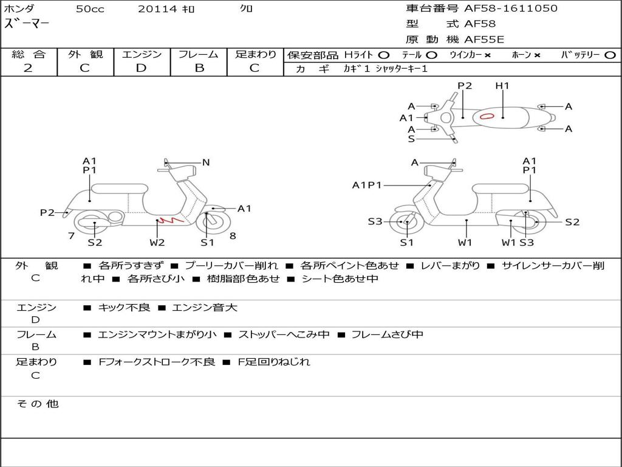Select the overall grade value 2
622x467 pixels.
pos(28,68)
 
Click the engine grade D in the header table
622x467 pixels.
pos(141,68)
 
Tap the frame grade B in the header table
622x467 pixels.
pos(199,68)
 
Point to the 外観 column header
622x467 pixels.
pos(85,54)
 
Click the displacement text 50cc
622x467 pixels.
pos(90,9)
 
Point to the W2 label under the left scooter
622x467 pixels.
pos(157,243)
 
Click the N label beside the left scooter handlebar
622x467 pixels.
pos(206,162)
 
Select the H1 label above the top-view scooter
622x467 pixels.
pos(502,86)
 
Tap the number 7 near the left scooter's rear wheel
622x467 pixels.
pos(72,235)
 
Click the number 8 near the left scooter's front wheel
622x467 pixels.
pos(233,235)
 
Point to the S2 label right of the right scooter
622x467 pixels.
pos(572,222)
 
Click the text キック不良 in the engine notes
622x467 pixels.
pos(124,308)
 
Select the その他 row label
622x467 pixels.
pos(37,404)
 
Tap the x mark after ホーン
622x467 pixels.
pos(537,55)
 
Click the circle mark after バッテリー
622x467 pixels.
pos(610,55)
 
